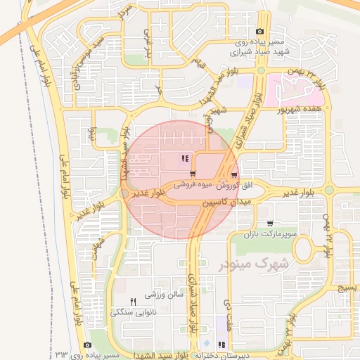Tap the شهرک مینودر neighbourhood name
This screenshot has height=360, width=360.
244,265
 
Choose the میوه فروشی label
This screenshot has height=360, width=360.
194,186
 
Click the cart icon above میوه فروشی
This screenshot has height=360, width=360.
192,173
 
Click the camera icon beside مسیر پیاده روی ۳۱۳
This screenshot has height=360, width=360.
87,345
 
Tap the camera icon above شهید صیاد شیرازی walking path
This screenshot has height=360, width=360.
260,31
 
